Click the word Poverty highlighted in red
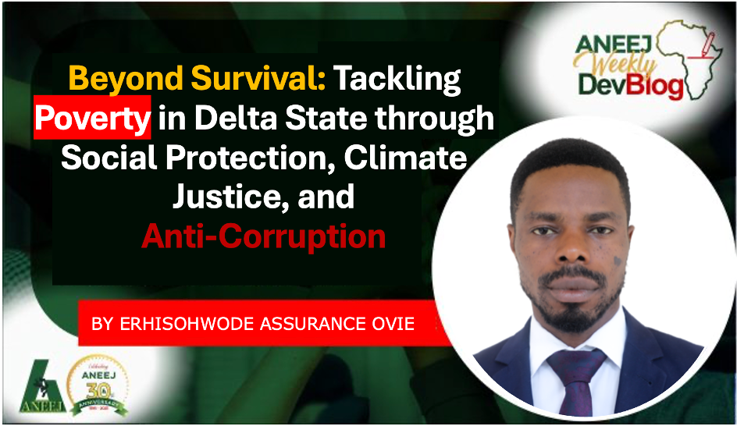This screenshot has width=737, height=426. (92, 118)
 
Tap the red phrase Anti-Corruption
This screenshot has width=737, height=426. (264, 236)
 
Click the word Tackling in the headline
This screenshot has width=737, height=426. (397, 80)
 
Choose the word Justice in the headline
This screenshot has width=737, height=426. (232, 197)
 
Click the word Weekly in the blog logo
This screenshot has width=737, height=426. (616, 63)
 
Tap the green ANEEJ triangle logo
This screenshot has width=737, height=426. (42, 387)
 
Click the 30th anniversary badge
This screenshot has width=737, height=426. (98, 385)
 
